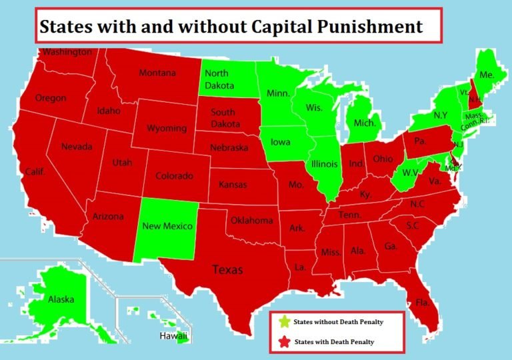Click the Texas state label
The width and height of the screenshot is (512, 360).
pos(227,270)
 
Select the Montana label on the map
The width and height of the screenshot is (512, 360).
pos(157,73)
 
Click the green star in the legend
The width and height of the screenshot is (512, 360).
pos(283,322)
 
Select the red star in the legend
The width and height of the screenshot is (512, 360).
pos(283,342)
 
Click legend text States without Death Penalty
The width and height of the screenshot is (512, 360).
pos(339,322)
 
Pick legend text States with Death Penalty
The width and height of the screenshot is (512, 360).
pos(333,342)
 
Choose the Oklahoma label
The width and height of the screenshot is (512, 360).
pos(251,220)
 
